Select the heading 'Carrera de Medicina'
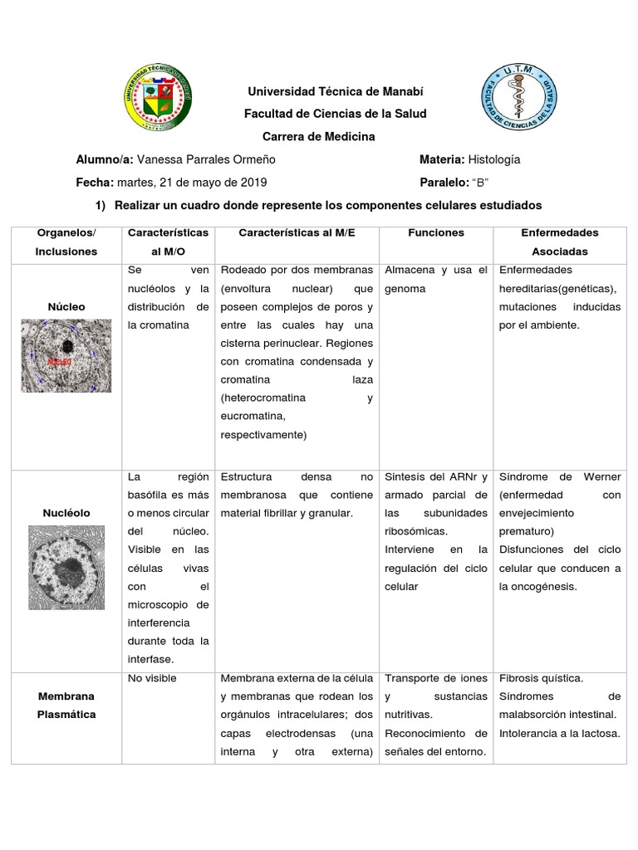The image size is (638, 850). click(x=318, y=136)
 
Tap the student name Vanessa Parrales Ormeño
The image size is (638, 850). click(x=205, y=159)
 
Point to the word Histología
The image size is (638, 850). click(x=494, y=159)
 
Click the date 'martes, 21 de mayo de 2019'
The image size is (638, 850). click(x=193, y=182)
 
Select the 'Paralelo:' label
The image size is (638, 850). click(x=444, y=182)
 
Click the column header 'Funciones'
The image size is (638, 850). click(x=436, y=233)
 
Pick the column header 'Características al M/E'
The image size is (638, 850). click(x=297, y=233)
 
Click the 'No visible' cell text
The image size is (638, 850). click(x=153, y=678)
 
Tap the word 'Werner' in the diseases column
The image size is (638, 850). click(x=601, y=476)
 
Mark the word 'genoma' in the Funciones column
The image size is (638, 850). click(x=405, y=288)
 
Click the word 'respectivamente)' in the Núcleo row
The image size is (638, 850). click(x=263, y=434)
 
